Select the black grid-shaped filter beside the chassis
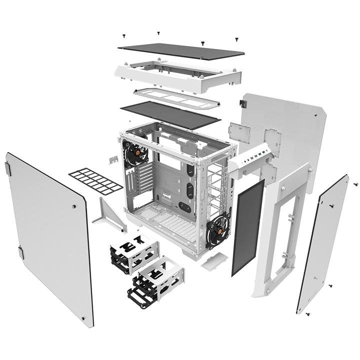point(95,181)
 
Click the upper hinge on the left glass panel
point(8,169)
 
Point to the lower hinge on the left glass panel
point(20,252)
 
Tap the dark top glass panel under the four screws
point(181,50)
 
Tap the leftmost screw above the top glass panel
point(123,36)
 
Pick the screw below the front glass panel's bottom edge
point(306,313)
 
